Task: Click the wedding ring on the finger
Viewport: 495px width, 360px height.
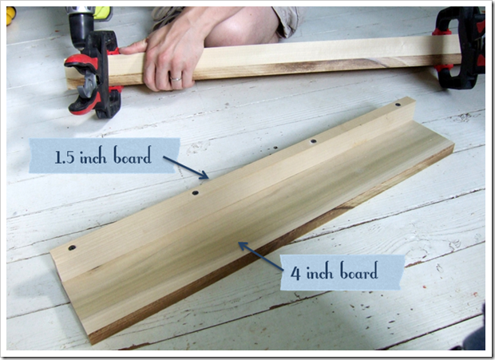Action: (176, 79)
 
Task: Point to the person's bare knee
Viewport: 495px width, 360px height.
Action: (240, 29)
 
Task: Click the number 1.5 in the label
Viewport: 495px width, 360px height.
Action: (65, 156)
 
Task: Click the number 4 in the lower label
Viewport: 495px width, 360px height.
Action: (295, 273)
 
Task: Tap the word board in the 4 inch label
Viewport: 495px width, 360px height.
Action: (359, 271)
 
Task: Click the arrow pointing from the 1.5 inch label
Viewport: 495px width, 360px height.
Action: (185, 168)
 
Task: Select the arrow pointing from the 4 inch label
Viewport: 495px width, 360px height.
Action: (260, 256)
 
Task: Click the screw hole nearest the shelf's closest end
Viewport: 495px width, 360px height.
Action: (72, 247)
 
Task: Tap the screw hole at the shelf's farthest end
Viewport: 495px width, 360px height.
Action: (398, 104)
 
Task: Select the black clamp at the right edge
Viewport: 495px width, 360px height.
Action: (459, 47)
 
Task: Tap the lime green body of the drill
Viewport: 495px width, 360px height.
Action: (103, 14)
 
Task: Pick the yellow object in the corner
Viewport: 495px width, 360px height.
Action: (10, 15)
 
